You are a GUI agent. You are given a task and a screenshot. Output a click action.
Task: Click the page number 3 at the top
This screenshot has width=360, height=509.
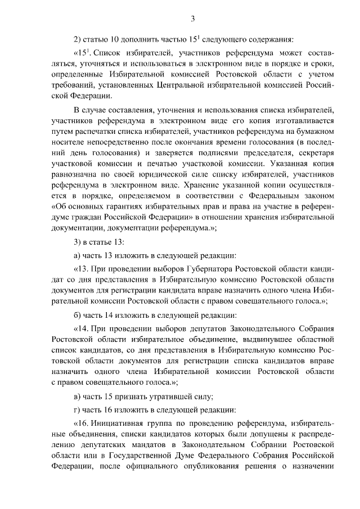click(192, 19)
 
